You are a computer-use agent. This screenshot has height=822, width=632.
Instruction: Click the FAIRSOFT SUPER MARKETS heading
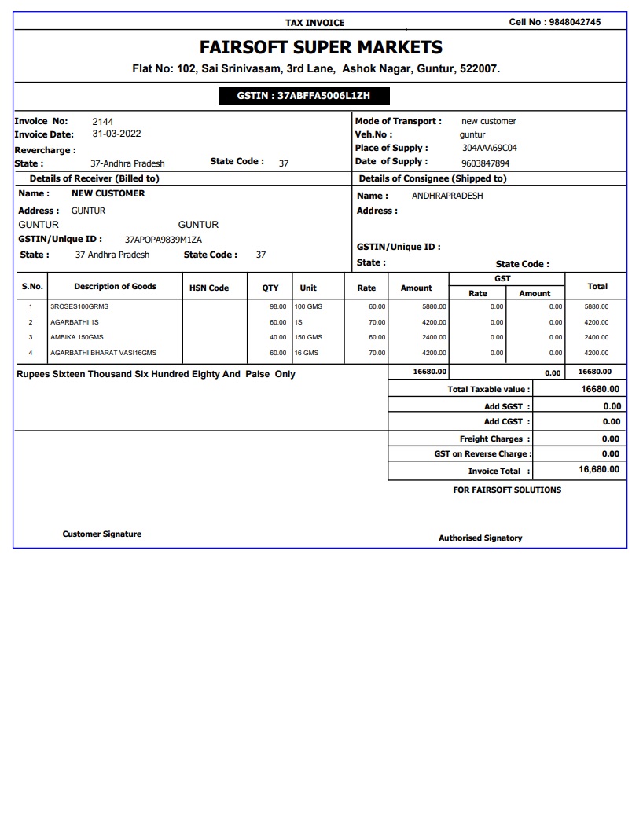point(321,47)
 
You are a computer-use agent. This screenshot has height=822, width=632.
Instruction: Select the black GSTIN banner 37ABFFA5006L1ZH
point(303,96)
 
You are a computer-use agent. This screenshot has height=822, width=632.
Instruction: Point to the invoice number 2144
point(103,122)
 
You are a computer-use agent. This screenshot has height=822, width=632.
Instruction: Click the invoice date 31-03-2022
point(117,134)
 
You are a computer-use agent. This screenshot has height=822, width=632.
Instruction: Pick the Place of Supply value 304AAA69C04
point(489,148)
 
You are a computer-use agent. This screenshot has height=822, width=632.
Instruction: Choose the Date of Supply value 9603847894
point(485,163)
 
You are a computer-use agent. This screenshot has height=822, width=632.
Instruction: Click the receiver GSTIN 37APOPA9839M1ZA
point(164,240)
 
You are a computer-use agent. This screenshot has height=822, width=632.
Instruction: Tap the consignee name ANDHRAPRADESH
point(447,196)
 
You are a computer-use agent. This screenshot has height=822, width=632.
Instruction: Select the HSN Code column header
point(209,288)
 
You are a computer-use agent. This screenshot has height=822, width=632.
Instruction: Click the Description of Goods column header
point(115,287)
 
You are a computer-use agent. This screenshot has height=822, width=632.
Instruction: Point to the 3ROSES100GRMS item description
point(79,306)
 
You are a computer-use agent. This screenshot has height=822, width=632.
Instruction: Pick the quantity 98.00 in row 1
point(277,306)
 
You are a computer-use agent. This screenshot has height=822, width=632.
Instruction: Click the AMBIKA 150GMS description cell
point(77,337)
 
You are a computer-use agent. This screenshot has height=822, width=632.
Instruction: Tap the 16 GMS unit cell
point(307,353)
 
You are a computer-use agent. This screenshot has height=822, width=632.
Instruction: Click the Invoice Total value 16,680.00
point(599,469)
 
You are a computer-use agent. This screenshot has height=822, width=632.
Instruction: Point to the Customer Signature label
point(102,534)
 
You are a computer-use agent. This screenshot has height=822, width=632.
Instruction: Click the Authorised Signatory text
point(480,538)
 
